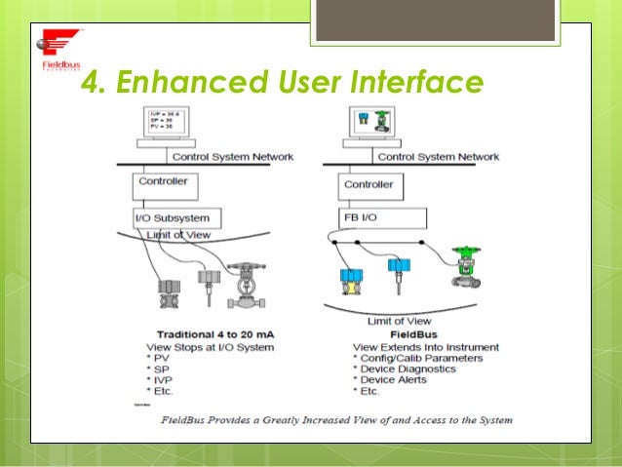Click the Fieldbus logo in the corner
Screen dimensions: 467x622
pyautogui.click(x=58, y=51)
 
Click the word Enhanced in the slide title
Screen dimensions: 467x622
pyautogui.click(x=169, y=85)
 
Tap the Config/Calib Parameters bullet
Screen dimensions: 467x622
pyautogui.click(x=420, y=358)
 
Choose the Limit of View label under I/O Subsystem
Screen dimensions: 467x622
pyautogui.click(x=178, y=235)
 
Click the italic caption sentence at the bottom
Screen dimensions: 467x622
pyautogui.click(x=337, y=421)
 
